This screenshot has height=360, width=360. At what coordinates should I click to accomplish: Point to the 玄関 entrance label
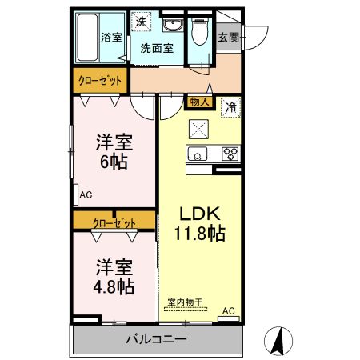pos(228,37)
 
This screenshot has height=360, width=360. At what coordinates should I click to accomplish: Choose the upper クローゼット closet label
pos(101,81)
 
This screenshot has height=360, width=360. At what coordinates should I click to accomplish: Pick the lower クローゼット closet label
pos(114,222)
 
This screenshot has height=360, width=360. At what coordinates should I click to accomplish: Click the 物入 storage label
pos(200,102)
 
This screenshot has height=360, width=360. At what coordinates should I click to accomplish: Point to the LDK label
pos(199,214)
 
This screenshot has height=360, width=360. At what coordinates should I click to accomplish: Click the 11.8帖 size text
pos(200,234)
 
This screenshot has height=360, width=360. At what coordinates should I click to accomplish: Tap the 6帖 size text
pos(114,159)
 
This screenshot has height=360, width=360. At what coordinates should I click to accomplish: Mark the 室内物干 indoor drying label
pos(185,302)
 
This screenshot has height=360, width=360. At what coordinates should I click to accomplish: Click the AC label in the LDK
pos(228,311)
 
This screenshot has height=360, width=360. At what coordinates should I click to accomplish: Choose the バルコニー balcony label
pos(156,339)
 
